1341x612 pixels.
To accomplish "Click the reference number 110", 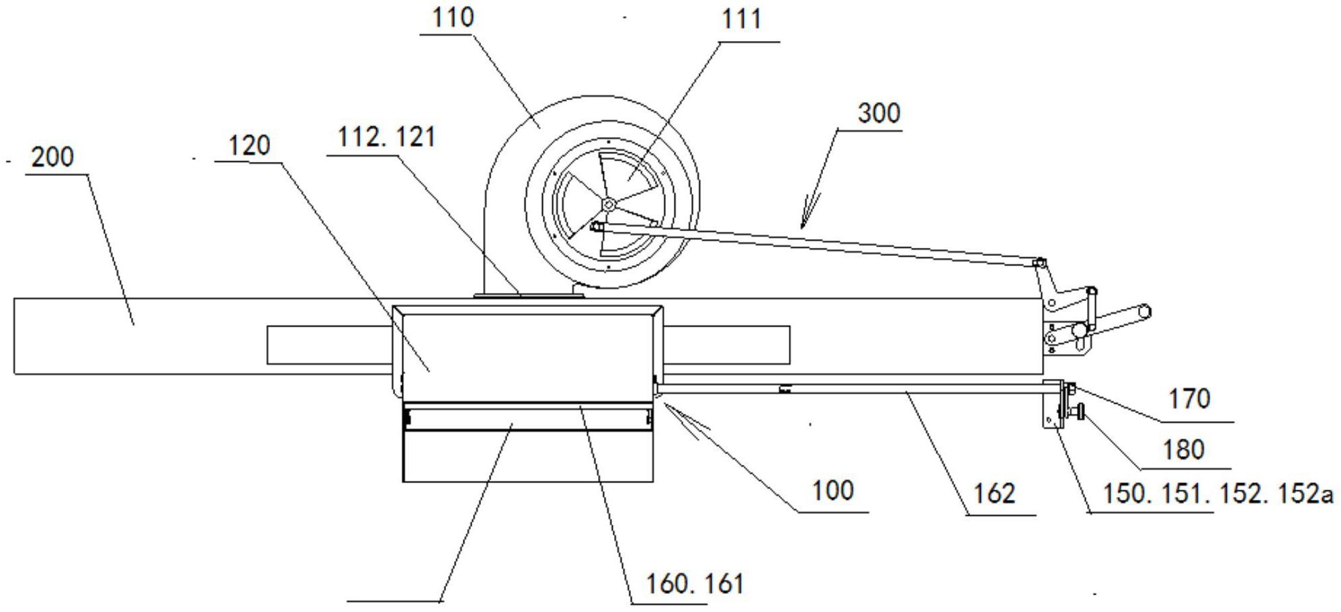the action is click(452, 17).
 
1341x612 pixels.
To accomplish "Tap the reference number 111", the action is click(741, 19).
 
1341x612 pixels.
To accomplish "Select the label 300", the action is click(879, 113).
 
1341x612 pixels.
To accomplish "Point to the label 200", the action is click(52, 157).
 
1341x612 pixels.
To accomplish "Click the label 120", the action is click(249, 146).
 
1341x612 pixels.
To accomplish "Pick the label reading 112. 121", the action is click(386, 138).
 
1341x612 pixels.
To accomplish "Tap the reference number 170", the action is click(1189, 399).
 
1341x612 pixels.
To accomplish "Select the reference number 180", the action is click(1183, 449).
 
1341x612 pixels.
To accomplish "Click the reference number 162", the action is click(994, 494).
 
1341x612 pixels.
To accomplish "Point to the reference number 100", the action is click(832, 490).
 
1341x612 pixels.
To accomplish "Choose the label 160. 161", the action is click(695, 583).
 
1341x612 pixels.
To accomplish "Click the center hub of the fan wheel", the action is click(608, 204).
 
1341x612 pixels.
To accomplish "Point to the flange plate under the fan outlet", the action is click(528, 294).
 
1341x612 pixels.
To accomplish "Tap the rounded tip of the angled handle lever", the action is click(1145, 311).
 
